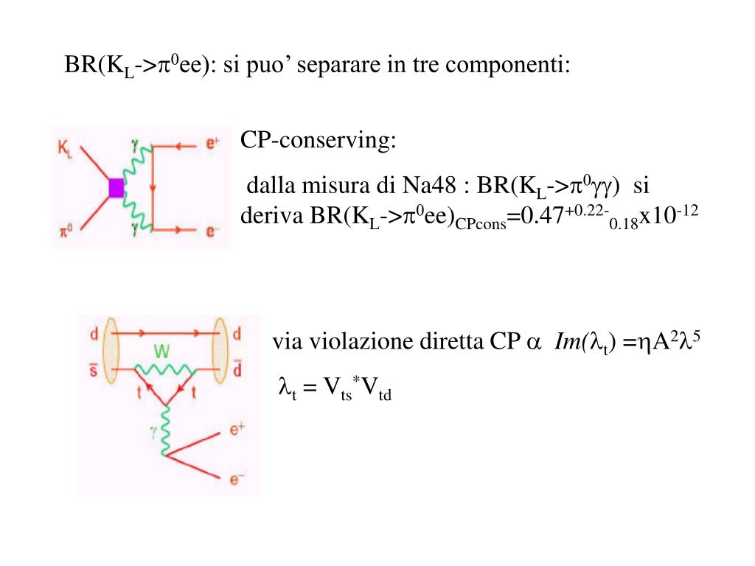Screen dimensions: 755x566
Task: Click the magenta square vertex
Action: [x=116, y=188]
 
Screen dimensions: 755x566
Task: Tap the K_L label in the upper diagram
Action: [x=65, y=149]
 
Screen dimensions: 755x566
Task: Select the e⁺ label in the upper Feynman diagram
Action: [x=213, y=144]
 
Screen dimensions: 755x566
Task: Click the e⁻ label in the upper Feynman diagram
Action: [x=213, y=231]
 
